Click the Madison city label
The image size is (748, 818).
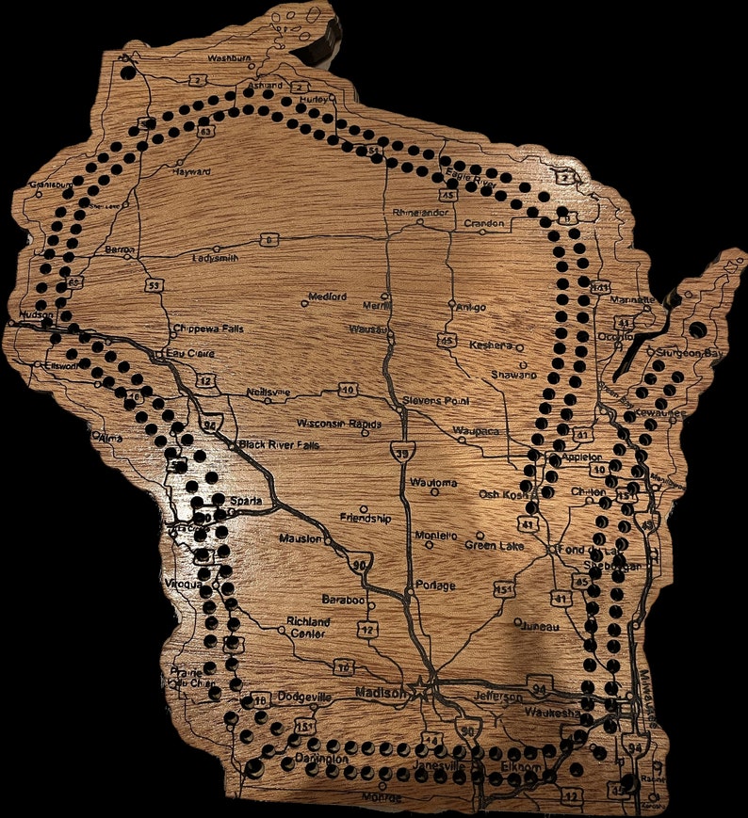[381, 693]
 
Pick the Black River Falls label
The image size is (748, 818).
[276, 444]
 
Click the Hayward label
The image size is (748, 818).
[191, 172]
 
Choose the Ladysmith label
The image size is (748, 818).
[215, 257]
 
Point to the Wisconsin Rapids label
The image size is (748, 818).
[339, 424]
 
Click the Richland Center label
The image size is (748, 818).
[309, 628]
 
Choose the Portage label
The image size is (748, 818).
[435, 585]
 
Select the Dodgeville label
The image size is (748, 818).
[304, 698]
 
